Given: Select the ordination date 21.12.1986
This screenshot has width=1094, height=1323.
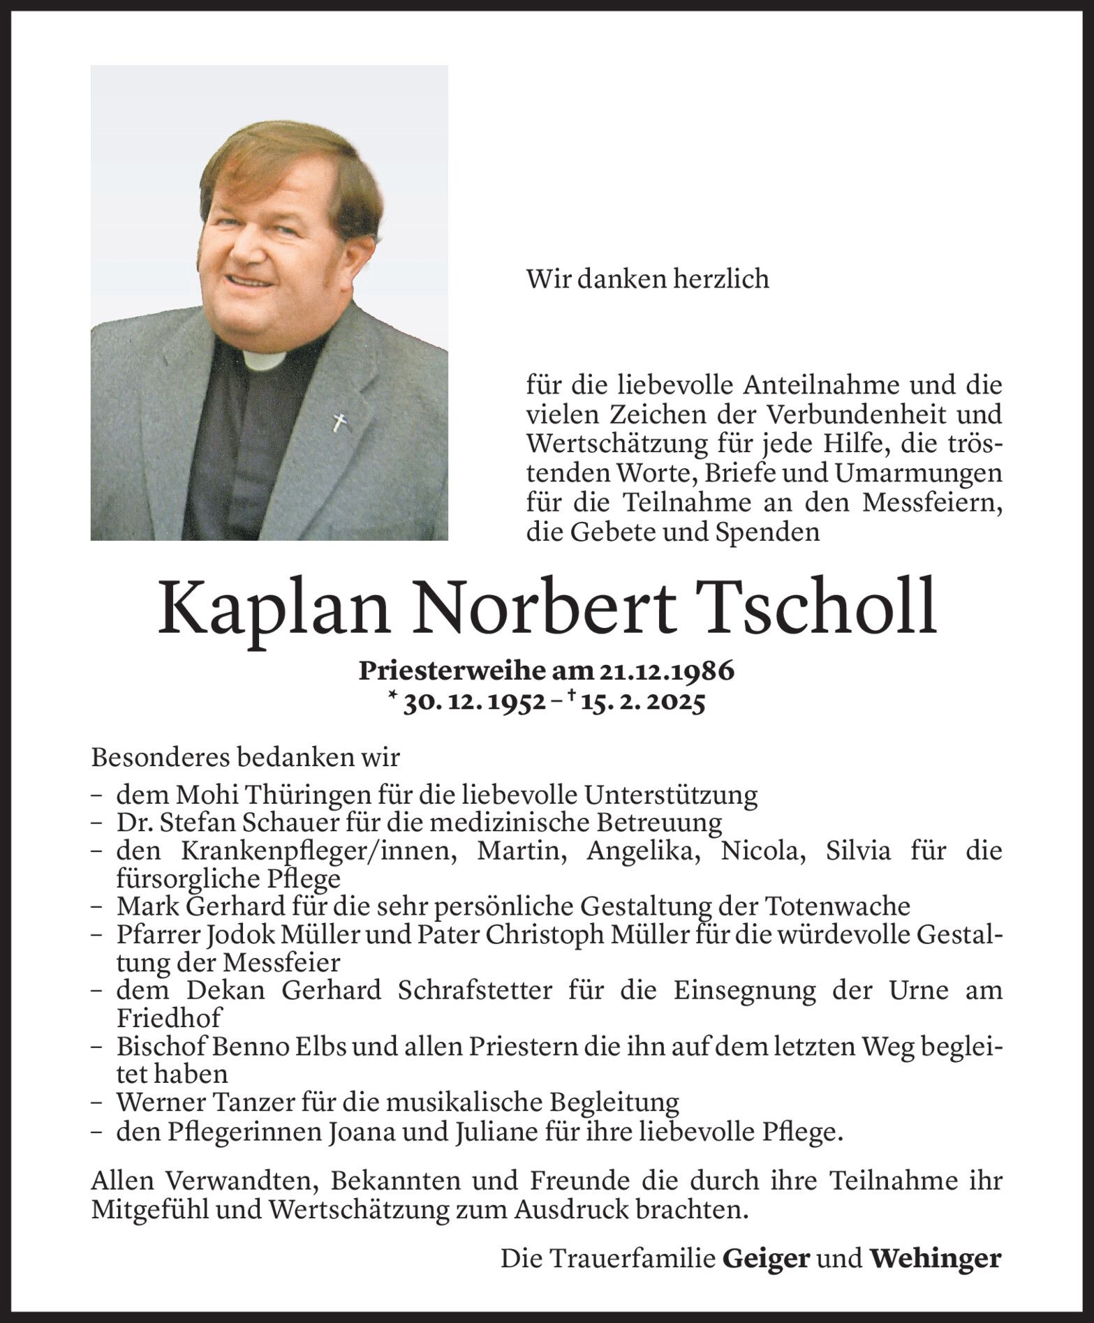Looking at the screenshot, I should click(666, 671).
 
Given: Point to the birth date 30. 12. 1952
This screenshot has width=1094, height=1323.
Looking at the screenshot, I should click(475, 703).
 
